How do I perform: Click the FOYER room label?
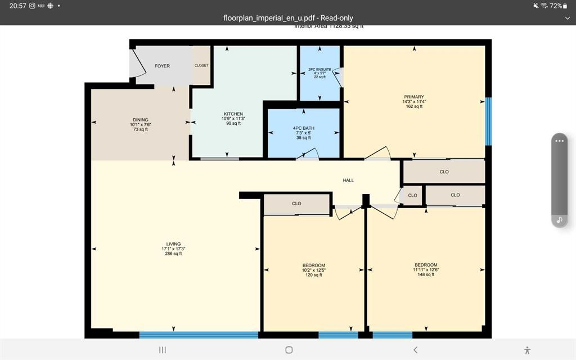pos(162,66)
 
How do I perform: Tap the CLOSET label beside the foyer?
pos(201,65)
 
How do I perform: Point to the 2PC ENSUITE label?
pos(319,69)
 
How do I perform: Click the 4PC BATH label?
pos(304,128)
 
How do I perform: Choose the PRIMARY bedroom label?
pos(413,97)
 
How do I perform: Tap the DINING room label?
pos(141,120)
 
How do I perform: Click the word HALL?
pos(349,180)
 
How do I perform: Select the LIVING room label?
pos(173,244)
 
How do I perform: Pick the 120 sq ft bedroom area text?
pos(313,275)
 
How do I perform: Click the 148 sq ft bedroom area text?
pos(425,274)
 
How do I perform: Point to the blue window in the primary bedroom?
pos(488,121)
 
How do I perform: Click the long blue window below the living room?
pos(199,335)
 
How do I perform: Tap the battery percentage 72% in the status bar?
pos(556,6)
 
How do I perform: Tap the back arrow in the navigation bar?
pos(415,350)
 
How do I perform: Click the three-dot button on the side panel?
pos(559,141)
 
